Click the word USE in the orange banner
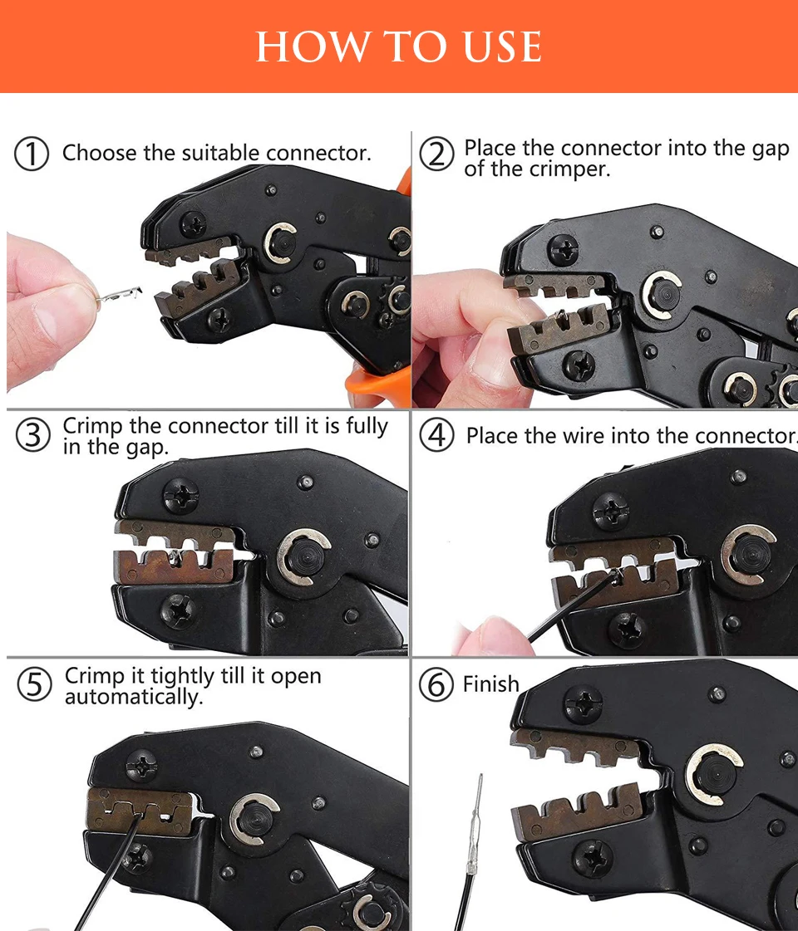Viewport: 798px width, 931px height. click(502, 47)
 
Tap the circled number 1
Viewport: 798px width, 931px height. click(31, 154)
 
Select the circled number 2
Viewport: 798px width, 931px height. click(436, 154)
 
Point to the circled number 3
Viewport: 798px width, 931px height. click(32, 434)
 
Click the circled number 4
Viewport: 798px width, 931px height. click(436, 435)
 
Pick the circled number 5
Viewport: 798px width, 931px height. click(34, 684)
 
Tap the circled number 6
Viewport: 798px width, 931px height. click(436, 684)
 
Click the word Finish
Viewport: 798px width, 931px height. click(490, 684)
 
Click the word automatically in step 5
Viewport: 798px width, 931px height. click(134, 697)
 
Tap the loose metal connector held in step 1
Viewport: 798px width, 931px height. click(118, 295)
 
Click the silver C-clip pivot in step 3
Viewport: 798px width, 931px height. click(304, 557)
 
